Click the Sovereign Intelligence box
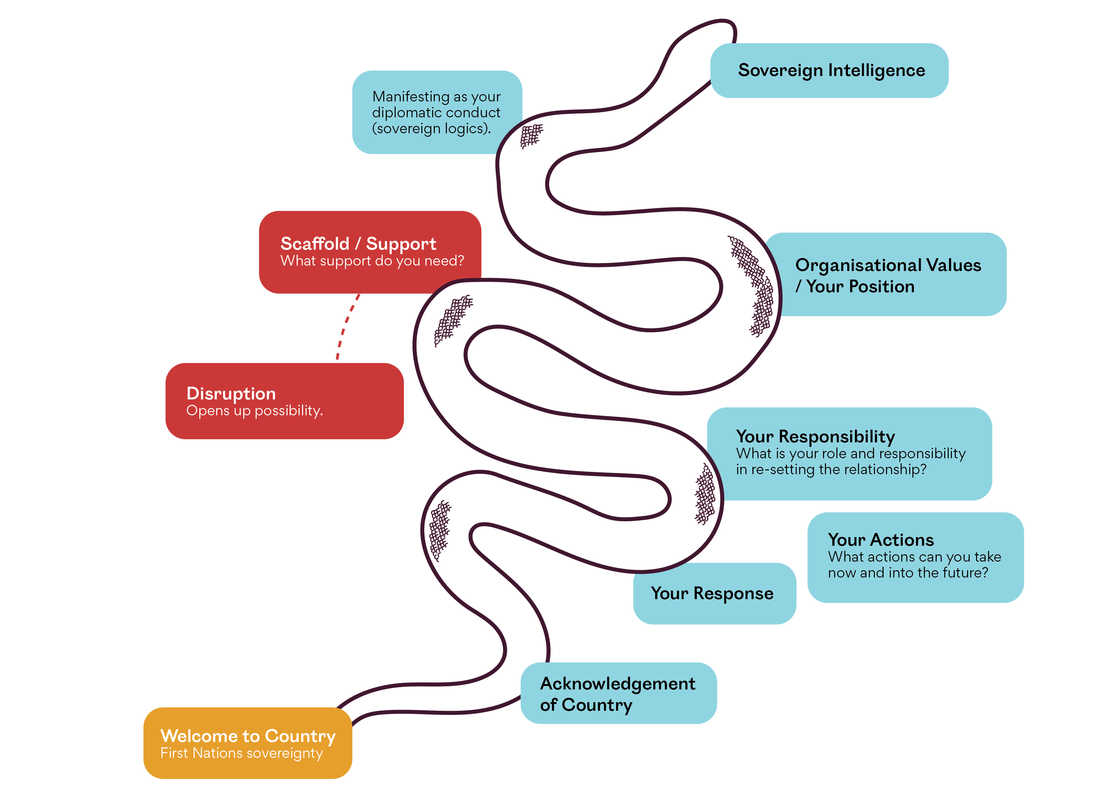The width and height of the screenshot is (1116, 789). pos(831,71)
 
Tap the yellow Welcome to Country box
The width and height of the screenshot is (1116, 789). pos(247,743)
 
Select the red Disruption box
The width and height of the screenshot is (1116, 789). pos(284,401)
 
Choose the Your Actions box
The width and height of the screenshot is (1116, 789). pos(915,557)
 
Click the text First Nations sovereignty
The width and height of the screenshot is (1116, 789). pos(242,753)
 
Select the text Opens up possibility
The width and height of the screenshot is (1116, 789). pos(255,411)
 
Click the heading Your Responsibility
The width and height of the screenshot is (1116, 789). pos(815,437)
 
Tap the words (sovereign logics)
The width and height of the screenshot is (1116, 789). pos(432,129)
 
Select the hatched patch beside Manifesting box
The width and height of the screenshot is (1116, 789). pos(531,135)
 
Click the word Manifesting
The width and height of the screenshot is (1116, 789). pos(411,97)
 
